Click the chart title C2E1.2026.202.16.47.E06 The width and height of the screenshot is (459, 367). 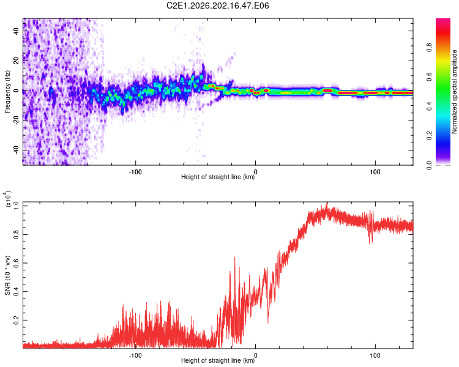pos(217,6)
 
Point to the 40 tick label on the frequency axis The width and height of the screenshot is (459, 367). pos(16,31)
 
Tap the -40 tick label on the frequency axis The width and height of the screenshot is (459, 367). pos(16,150)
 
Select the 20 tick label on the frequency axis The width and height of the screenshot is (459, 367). pos(16,61)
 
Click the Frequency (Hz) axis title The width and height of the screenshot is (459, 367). pos(7,92)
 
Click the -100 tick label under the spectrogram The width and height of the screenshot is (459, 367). pos(135,172)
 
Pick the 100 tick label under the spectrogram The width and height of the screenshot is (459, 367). pos(375,172)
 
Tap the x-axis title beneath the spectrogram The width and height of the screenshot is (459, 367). pos(218,177)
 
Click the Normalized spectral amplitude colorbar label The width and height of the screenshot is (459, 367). pos(454,92)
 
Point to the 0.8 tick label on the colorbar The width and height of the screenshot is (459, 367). pos(429,48)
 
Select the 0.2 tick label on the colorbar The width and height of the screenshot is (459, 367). pos(429,136)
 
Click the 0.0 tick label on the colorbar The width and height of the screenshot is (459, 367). pos(429,165)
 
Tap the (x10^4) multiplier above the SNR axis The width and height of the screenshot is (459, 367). pos(8,199)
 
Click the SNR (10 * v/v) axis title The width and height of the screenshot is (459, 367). pos(7,275)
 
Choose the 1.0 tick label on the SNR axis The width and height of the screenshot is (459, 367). pos(17,206)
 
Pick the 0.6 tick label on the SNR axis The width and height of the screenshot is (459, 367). pos(17,263)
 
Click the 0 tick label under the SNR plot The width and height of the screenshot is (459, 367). pos(256,355)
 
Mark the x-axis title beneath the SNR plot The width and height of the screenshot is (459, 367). pos(218,360)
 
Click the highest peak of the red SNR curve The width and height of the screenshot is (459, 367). pos(327,202)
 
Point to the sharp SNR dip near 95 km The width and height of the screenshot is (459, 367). pos(370,243)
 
